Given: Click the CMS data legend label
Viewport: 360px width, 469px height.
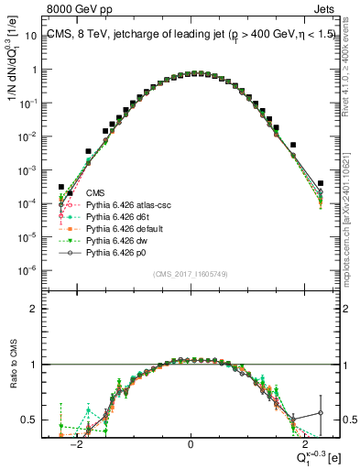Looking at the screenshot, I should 95,193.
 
